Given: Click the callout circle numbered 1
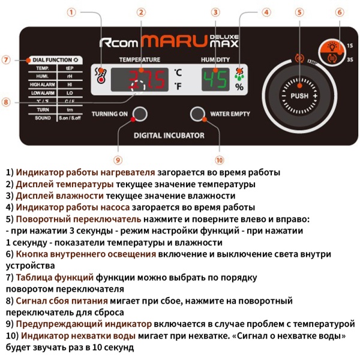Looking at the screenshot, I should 71,12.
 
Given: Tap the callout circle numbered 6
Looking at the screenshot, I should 339,12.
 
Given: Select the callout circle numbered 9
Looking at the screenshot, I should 118,160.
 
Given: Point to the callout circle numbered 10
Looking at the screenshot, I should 220,160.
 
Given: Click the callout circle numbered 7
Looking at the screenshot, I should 6,60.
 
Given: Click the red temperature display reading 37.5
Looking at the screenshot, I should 140,79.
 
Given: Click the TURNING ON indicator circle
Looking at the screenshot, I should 140,114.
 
